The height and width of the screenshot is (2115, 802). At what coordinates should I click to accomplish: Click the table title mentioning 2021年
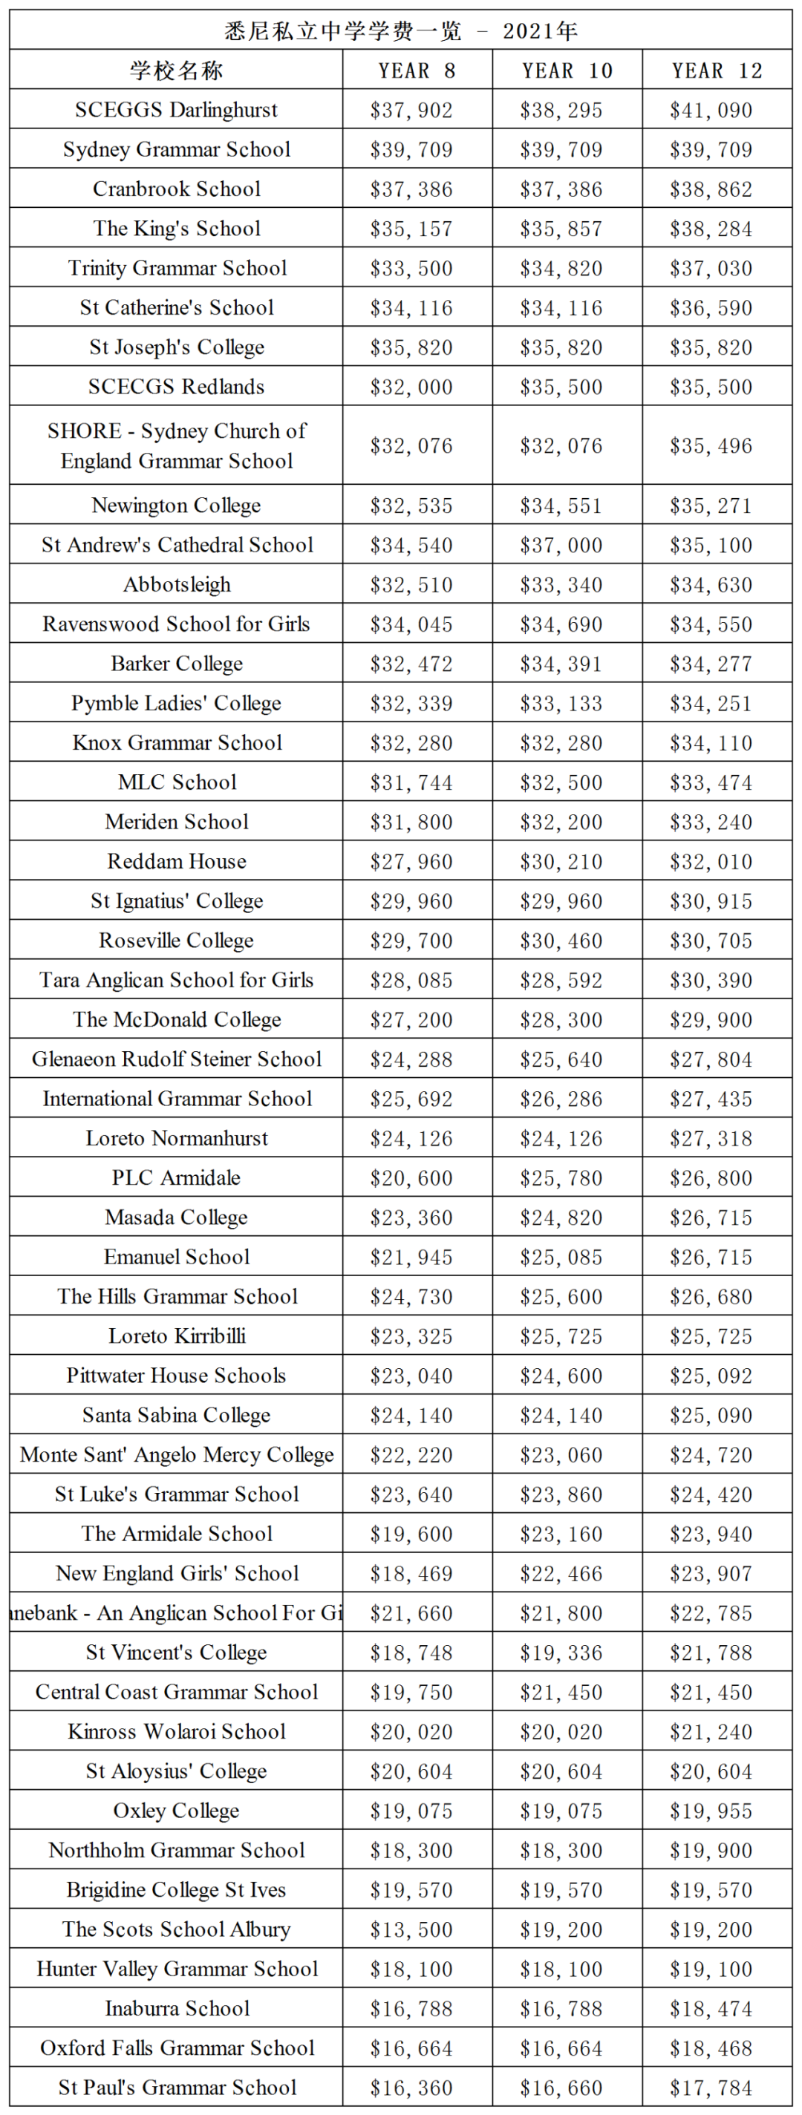pyautogui.click(x=400, y=31)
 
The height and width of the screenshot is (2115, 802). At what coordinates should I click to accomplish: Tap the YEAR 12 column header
pyautogui.click(x=717, y=71)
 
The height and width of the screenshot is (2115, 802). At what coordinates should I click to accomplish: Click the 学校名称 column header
pyautogui.click(x=176, y=71)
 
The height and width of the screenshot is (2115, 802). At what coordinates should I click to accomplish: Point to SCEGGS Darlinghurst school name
pyautogui.click(x=176, y=110)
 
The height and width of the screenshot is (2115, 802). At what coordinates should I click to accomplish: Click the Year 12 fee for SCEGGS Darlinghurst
pyautogui.click(x=711, y=110)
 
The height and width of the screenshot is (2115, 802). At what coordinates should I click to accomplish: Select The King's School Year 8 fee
pyautogui.click(x=411, y=228)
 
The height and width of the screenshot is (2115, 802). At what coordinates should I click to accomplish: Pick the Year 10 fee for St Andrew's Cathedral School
pyautogui.click(x=561, y=545)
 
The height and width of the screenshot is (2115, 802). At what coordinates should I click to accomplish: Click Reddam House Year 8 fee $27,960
pyautogui.click(x=411, y=861)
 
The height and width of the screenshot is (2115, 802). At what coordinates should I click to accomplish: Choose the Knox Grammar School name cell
pyautogui.click(x=176, y=743)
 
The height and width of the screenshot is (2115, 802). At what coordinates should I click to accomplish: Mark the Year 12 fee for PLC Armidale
pyautogui.click(x=711, y=1177)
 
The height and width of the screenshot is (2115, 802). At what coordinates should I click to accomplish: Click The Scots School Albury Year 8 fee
pyautogui.click(x=411, y=1929)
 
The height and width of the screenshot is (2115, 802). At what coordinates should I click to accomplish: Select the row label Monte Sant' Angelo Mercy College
pyautogui.click(x=176, y=1455)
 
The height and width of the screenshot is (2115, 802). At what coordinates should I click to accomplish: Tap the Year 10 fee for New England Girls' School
pyautogui.click(x=561, y=1573)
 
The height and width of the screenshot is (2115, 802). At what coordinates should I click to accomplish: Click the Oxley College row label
pyautogui.click(x=176, y=1811)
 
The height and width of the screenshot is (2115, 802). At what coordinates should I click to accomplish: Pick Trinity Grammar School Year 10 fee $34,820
pyautogui.click(x=561, y=269)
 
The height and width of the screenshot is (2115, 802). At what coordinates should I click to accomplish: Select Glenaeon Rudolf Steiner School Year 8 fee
pyautogui.click(x=411, y=1059)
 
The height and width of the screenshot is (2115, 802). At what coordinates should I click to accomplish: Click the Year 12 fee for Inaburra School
pyautogui.click(x=711, y=2008)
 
